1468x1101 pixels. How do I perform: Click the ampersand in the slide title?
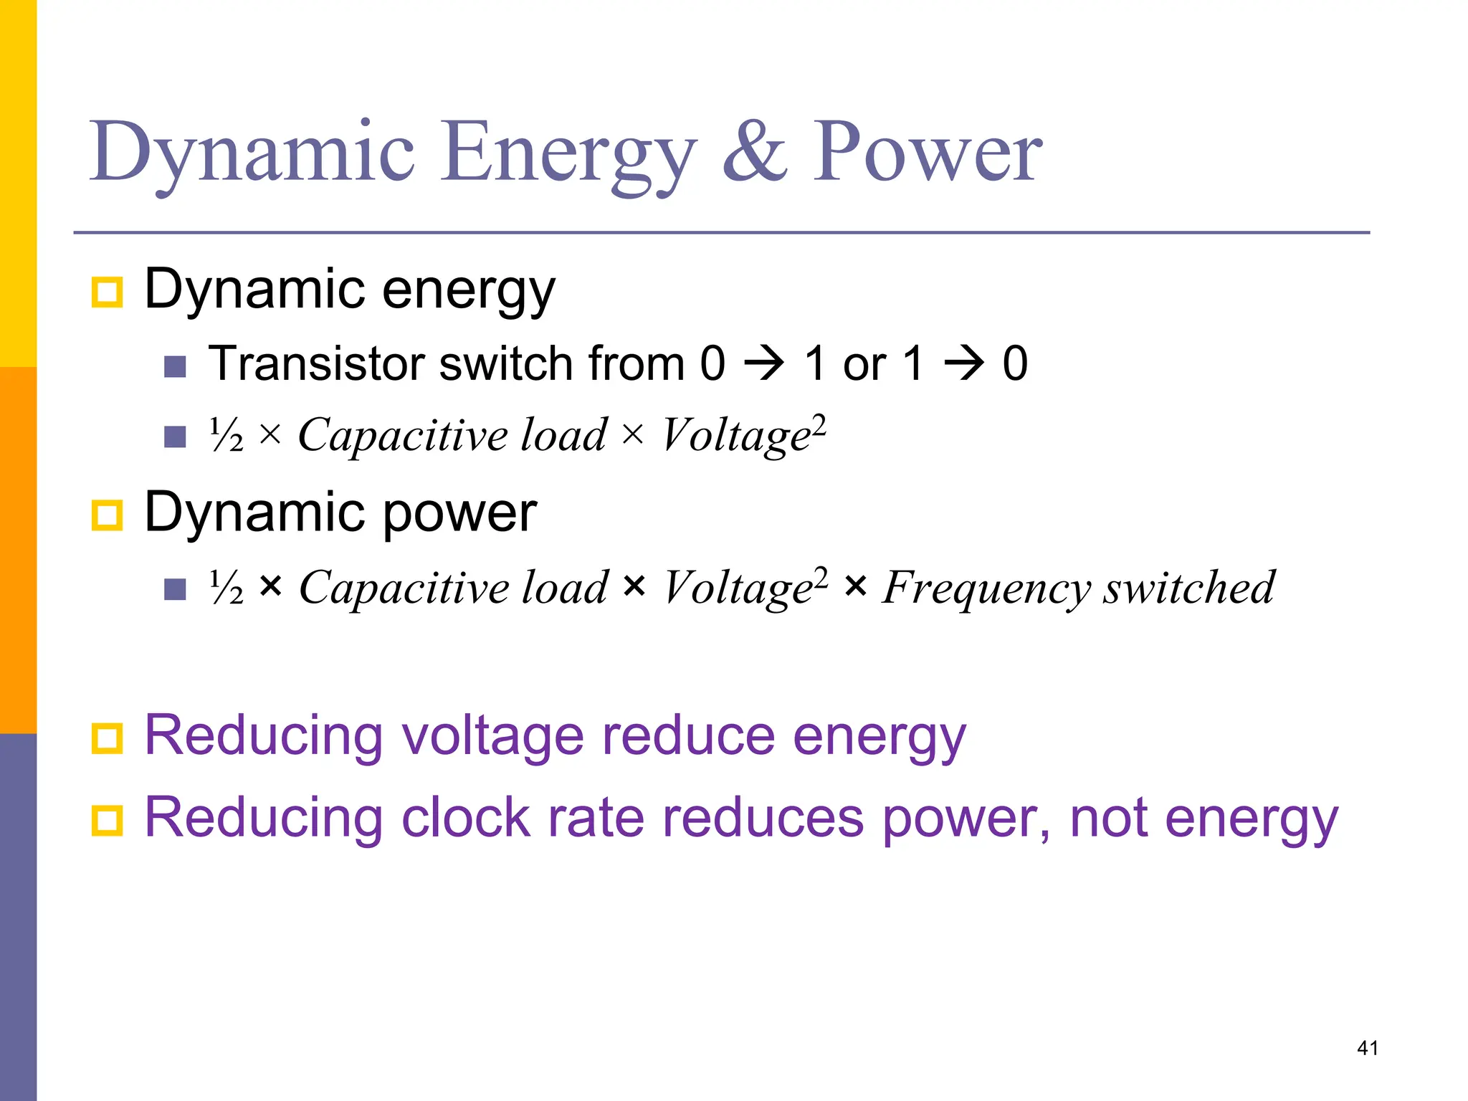click(x=754, y=152)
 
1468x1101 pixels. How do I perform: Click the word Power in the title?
click(x=927, y=152)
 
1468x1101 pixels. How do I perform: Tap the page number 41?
click(x=1368, y=1048)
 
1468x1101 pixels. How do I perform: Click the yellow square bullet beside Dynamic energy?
click(x=108, y=292)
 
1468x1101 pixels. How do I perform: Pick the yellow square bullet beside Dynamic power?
click(x=108, y=515)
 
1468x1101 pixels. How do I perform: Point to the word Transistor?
click(x=317, y=363)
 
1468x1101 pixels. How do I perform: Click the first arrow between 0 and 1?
click(x=764, y=363)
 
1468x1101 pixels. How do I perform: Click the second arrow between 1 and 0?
click(x=964, y=363)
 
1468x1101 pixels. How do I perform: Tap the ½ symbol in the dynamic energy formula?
click(x=227, y=434)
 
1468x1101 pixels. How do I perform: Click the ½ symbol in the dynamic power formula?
click(x=227, y=587)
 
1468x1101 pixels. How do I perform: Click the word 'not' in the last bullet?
click(x=1108, y=818)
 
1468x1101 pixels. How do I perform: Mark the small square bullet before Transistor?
click(x=175, y=366)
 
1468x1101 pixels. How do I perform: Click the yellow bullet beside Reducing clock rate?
click(x=108, y=820)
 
